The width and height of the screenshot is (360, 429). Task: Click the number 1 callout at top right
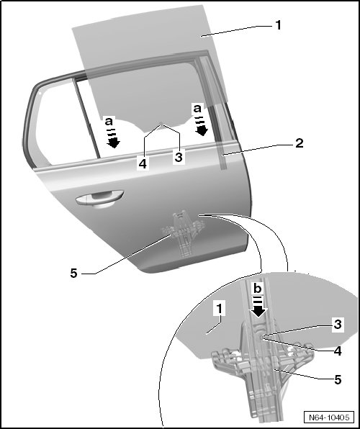[278, 25]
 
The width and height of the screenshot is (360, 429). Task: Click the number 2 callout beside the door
[300, 143]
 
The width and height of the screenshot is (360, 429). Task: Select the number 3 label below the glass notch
[179, 158]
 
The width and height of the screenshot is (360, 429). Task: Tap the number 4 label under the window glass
[143, 164]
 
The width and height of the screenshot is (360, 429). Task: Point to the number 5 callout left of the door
[74, 273]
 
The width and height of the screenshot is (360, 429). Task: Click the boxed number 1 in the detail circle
[220, 309]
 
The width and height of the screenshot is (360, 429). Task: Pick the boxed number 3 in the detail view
[338, 324]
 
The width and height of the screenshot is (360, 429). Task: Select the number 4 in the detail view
[338, 351]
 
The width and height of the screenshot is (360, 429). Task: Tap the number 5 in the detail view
[338, 380]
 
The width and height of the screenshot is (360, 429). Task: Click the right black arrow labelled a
[202, 127]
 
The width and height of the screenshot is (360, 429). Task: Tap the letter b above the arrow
[258, 289]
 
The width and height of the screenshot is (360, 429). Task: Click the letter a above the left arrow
[109, 121]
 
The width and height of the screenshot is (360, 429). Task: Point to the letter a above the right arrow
[197, 109]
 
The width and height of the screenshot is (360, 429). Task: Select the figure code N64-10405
[329, 417]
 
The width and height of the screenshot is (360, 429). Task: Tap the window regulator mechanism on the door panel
[184, 233]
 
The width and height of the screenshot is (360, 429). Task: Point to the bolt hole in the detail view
[261, 338]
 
